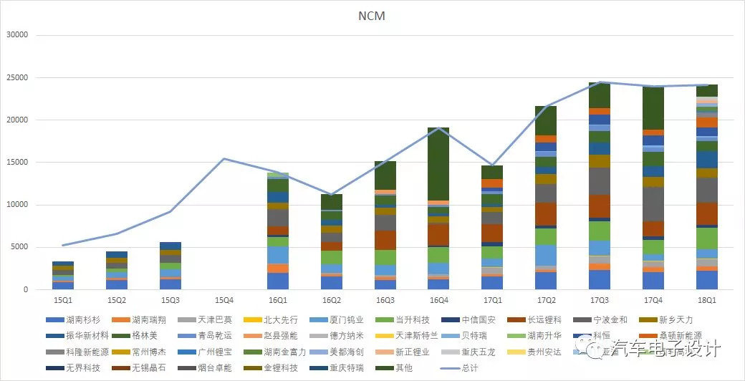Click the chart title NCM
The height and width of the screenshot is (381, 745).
click(371, 16)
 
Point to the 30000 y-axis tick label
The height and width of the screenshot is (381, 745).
click(16, 34)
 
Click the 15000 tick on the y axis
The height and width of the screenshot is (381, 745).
click(16, 163)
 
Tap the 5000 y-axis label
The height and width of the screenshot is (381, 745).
click(18, 247)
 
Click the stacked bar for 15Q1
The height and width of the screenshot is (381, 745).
click(63, 276)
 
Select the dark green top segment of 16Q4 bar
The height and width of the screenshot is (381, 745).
click(438, 164)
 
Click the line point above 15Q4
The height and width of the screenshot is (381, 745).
click(224, 159)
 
